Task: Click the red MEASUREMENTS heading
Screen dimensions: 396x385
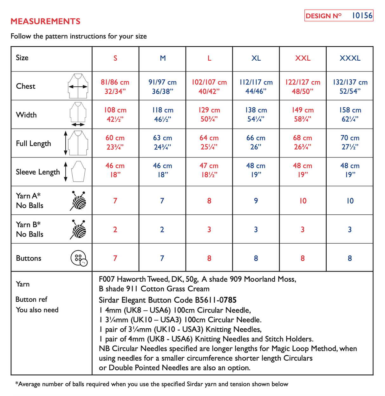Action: [x=45, y=21]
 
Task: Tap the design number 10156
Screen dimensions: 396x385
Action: [x=362, y=16]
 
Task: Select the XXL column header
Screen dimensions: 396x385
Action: [x=303, y=58]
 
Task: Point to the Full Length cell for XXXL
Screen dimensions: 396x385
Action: [x=350, y=142]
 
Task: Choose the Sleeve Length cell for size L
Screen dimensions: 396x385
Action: [x=209, y=170]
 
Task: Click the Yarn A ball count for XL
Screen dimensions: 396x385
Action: [x=256, y=201]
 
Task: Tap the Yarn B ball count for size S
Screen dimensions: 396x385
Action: [x=115, y=230]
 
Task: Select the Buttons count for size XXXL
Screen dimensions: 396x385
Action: [x=350, y=258]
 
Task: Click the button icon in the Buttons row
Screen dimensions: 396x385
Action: [x=79, y=258]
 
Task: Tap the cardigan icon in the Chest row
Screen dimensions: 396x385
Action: [x=78, y=86]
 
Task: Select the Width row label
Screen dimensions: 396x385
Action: [x=26, y=115]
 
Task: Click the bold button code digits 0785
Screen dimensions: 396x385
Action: [x=228, y=300]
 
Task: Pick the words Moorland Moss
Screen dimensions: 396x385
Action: [x=270, y=279]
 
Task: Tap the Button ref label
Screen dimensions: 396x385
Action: [x=31, y=299]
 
